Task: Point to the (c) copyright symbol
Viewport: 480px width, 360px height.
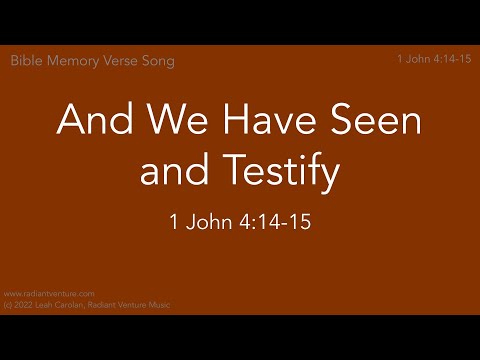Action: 8,303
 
